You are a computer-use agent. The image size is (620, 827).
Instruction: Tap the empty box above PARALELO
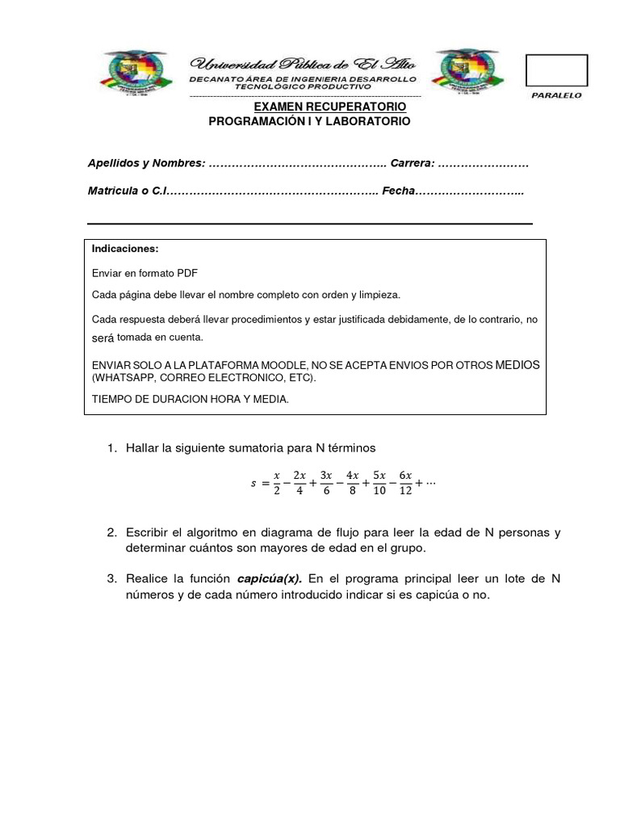point(556,70)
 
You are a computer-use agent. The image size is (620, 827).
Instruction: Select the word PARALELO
point(556,95)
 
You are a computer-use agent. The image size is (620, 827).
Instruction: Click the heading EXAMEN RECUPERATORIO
point(330,107)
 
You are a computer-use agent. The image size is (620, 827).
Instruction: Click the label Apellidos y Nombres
point(146,163)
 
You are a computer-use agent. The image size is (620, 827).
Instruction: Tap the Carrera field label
point(413,163)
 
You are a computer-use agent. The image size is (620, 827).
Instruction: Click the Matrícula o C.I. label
point(126,191)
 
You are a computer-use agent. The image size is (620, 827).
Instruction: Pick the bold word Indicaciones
point(125,248)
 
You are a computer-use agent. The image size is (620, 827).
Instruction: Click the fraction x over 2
point(276,483)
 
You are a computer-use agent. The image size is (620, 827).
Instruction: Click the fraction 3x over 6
point(326,483)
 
